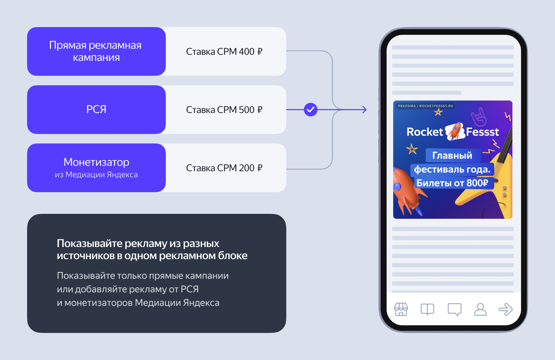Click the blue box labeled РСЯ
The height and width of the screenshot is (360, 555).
[x=96, y=109]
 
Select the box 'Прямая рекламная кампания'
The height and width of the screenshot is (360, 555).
[x=96, y=51]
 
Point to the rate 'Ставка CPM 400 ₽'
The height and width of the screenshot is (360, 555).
[x=224, y=51]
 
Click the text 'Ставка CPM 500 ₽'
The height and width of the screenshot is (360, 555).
[x=224, y=110]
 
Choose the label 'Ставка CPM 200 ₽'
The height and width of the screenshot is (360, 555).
[x=224, y=168]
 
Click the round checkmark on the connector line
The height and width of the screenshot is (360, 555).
[x=310, y=110]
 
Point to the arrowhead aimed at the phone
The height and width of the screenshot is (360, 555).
[x=364, y=110]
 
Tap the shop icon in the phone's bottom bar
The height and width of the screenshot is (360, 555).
[x=401, y=309]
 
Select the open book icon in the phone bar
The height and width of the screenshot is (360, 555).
[x=427, y=309]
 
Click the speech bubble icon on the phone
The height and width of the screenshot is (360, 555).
[x=454, y=309]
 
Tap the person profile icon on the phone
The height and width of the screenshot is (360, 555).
[x=480, y=309]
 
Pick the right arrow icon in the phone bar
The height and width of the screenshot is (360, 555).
[x=506, y=309]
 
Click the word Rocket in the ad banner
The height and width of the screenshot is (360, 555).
[x=425, y=132]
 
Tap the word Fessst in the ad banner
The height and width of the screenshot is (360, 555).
[x=482, y=132]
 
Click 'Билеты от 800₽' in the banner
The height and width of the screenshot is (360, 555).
[x=452, y=183]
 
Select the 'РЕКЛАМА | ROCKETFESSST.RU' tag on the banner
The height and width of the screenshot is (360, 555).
[x=425, y=106]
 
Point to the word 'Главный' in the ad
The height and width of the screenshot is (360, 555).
[x=452, y=155]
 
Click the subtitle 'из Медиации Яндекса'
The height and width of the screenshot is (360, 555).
[x=96, y=175]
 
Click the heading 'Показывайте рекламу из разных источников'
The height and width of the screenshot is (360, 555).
[x=152, y=249]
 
